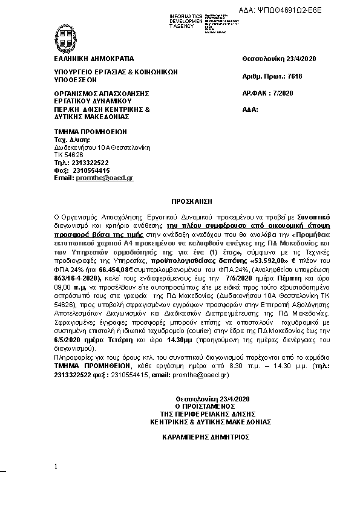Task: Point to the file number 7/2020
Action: (x=280, y=94)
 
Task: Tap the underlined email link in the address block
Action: (x=105, y=178)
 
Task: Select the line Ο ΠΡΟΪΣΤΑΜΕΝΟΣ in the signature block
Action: (x=208, y=406)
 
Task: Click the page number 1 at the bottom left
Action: (x=56, y=467)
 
